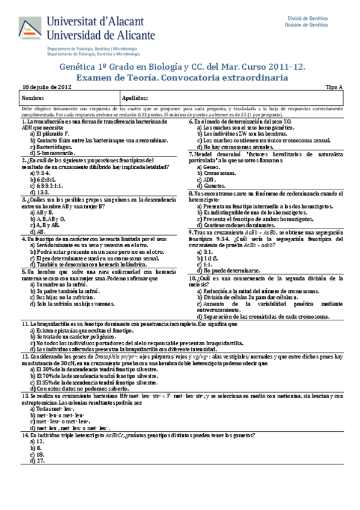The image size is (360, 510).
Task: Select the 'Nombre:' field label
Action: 34,97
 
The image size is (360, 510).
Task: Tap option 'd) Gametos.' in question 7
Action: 212,185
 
